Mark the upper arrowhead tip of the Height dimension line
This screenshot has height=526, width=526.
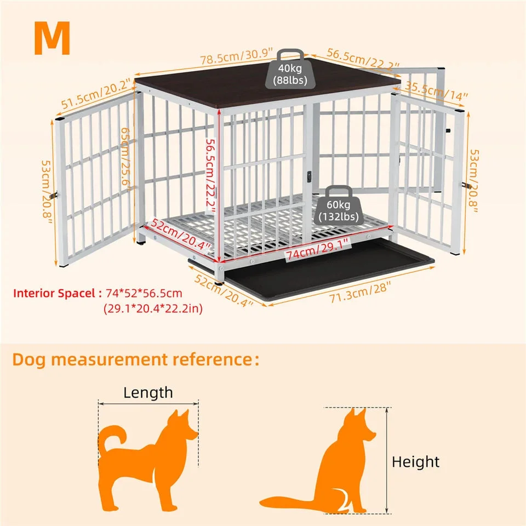click(x=387, y=408)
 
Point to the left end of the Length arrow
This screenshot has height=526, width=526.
click(x=99, y=404)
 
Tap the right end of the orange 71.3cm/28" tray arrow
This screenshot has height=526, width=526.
click(x=435, y=267)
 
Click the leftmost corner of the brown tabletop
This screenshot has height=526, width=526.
click(x=135, y=80)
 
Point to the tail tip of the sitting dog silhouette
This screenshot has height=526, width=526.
click(x=261, y=502)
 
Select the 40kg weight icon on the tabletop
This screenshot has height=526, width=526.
click(x=290, y=69)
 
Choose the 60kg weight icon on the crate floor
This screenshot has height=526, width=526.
click(x=339, y=205)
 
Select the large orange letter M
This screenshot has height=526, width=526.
click(x=52, y=38)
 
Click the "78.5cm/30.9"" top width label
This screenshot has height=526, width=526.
click(x=237, y=56)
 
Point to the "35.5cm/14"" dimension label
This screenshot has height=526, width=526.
click(x=436, y=91)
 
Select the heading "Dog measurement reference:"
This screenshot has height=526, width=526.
click(x=136, y=359)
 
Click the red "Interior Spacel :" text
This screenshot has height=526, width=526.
click(x=58, y=293)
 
